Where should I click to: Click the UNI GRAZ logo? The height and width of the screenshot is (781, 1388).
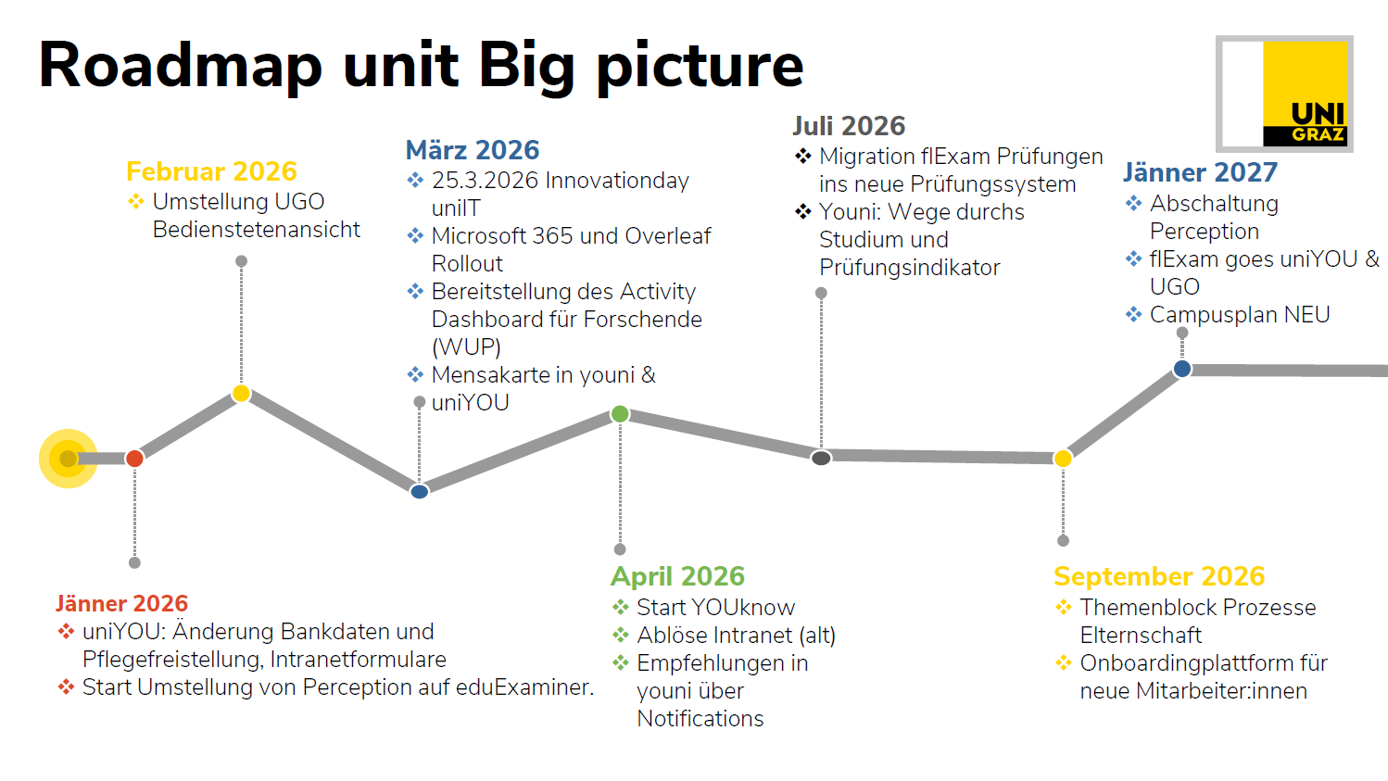pos(1284,94)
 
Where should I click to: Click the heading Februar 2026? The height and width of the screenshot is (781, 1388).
pos(211,171)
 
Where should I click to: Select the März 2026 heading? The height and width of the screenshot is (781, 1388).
pos(473,150)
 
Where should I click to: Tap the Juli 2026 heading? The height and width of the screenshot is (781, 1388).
pos(849,126)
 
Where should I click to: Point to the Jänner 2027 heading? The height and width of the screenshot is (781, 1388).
pos(1200,172)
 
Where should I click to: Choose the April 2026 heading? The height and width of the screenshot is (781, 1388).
pos(677,576)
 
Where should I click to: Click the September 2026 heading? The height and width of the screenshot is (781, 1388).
pos(1159,576)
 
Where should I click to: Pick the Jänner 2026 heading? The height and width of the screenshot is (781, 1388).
pos(121,603)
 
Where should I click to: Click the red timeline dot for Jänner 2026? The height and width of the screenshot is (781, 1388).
pos(134,459)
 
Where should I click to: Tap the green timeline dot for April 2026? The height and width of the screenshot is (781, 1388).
pos(620,414)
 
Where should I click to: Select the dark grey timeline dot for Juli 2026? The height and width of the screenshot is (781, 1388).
pos(821,458)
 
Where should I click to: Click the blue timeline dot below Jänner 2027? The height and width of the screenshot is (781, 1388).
pos(1182,369)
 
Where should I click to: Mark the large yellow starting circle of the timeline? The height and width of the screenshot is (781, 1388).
pos(69,459)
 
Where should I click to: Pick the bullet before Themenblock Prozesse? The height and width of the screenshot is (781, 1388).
pos(1064,607)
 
